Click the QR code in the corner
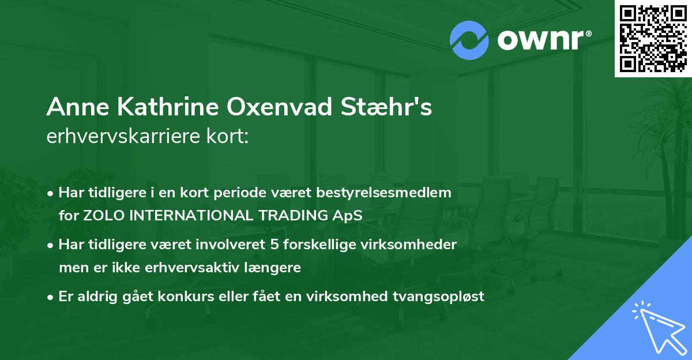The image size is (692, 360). click(653, 39)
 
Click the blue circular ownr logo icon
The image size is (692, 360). click(469, 40)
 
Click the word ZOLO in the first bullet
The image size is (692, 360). click(102, 216)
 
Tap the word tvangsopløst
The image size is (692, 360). click(444, 297)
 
